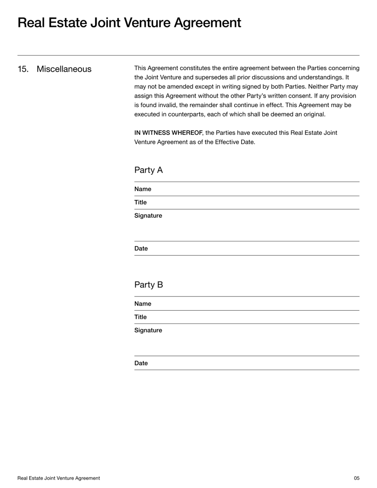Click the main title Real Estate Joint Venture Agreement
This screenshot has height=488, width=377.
click(129, 23)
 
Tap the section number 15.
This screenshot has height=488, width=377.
click(23, 69)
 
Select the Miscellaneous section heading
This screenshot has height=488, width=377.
click(64, 69)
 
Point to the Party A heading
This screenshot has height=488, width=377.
click(148, 170)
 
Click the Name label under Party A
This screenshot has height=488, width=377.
click(143, 189)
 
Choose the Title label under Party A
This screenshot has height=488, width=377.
click(140, 202)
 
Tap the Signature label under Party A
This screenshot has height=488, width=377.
click(148, 215)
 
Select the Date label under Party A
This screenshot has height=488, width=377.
click(141, 248)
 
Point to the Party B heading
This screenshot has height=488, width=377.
click(148, 285)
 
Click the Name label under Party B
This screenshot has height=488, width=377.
click(143, 304)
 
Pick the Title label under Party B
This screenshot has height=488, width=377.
click(140, 317)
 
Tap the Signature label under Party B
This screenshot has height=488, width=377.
click(148, 330)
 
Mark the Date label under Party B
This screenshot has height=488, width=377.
click(141, 363)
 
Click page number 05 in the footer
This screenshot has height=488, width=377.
click(357, 478)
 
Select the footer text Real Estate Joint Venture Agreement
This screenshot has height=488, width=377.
click(58, 478)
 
